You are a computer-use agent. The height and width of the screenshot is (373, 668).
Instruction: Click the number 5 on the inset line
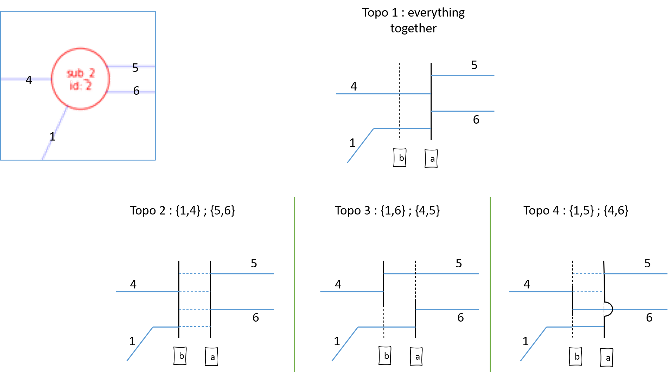tap(135, 66)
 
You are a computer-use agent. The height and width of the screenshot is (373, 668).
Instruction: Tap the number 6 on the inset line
tap(136, 92)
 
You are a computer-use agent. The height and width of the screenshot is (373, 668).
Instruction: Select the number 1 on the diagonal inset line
tap(52, 137)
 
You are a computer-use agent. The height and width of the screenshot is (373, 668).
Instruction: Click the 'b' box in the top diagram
tap(400, 158)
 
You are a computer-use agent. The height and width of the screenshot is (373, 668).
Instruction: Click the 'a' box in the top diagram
tap(431, 159)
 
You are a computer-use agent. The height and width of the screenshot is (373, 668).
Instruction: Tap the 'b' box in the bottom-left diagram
tap(180, 356)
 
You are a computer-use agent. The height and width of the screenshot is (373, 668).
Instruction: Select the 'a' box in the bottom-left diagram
tap(211, 357)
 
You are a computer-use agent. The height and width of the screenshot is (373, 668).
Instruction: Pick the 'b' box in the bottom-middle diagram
tap(385, 356)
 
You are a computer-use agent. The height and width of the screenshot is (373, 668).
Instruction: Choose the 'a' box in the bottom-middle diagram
tap(416, 357)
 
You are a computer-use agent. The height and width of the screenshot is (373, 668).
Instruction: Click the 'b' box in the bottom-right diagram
tap(575, 356)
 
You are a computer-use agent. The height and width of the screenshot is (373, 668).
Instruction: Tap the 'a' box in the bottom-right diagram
tap(606, 358)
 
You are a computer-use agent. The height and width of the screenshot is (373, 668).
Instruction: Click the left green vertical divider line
tap(295, 282)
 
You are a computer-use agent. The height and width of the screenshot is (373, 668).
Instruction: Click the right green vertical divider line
tap(490, 282)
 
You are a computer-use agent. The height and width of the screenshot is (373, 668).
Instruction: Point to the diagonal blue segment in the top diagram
tap(361, 145)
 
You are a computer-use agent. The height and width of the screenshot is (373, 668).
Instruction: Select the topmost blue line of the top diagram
tap(463, 75)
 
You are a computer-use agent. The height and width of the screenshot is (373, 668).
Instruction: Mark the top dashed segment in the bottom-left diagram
tap(194, 274)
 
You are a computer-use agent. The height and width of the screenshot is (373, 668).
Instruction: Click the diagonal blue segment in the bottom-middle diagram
tap(345, 344)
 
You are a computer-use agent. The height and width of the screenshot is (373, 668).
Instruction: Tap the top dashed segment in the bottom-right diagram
tap(588, 274)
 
